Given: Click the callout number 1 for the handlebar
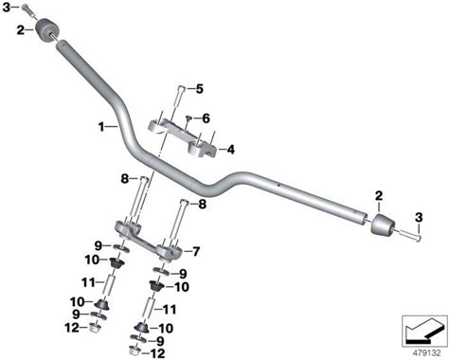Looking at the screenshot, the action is click(x=101, y=127).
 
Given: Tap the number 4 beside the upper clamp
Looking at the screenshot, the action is click(x=231, y=150).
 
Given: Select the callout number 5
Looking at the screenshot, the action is click(x=200, y=89).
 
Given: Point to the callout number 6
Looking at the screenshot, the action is click(x=206, y=118).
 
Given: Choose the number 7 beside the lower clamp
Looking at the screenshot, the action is click(x=196, y=252).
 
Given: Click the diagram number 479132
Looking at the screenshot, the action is click(x=425, y=352).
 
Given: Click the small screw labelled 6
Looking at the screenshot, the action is click(x=189, y=118).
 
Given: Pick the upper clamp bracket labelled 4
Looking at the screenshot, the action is click(x=182, y=136).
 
